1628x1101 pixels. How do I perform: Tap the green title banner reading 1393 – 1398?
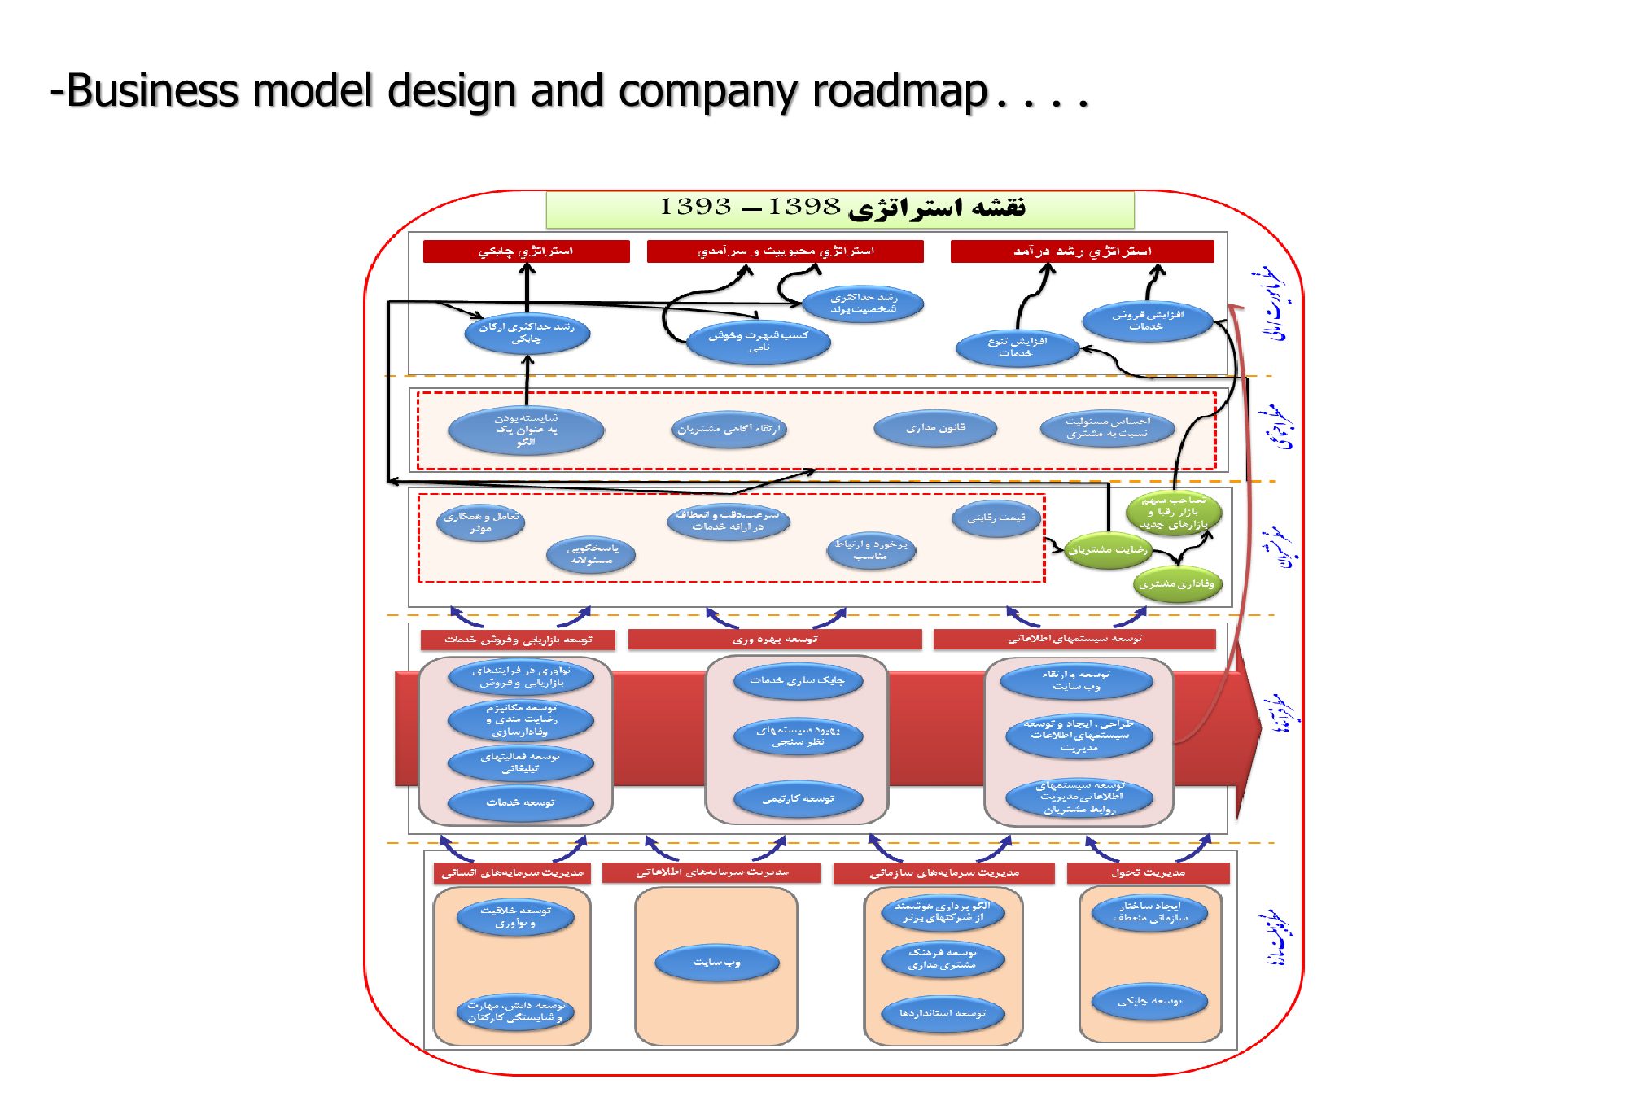(839, 209)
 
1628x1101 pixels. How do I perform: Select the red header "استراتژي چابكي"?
(526, 251)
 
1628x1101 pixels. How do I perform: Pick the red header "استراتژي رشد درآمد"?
(1082, 251)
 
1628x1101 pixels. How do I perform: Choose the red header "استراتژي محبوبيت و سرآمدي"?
(785, 251)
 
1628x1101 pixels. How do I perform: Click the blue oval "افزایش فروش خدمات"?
(1147, 321)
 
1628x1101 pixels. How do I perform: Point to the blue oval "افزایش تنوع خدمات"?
(1017, 347)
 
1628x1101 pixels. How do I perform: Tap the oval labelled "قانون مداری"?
(935, 428)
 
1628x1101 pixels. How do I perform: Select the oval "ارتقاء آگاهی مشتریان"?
(729, 429)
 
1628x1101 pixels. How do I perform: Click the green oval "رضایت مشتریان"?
(1108, 550)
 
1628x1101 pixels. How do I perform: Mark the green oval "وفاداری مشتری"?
(1176, 583)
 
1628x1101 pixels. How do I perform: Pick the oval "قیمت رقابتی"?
(996, 518)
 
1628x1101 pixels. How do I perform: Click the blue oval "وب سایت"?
(716, 963)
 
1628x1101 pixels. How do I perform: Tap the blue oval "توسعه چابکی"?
(1149, 1001)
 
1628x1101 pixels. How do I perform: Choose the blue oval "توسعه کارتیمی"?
(798, 799)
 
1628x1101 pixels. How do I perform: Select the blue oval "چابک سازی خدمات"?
(797, 680)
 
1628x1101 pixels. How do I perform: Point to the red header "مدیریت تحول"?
(1148, 873)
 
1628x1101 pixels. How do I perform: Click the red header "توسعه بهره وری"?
(774, 640)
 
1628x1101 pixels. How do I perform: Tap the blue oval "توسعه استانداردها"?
(942, 1014)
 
